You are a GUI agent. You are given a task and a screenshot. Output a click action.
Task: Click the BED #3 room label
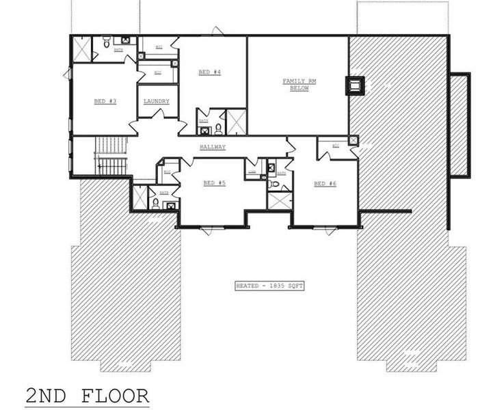point(105,101)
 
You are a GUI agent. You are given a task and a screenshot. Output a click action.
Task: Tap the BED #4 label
point(209,72)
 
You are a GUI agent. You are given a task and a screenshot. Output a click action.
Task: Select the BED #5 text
point(214,182)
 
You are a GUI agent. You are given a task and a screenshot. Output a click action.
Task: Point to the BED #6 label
point(325,183)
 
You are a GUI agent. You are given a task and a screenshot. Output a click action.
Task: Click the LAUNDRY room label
point(157,101)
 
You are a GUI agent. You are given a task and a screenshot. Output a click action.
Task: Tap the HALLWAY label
point(213,147)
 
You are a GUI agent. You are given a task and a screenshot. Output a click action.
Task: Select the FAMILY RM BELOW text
point(295,84)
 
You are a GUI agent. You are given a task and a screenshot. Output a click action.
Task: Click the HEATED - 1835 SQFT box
point(268,286)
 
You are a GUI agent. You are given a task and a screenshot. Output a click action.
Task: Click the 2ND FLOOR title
point(87,396)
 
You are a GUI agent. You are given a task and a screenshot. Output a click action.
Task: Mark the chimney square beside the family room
point(356,86)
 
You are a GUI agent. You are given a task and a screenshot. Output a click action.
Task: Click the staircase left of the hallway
point(111,156)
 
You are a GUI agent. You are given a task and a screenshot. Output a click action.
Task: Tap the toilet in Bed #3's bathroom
point(107,43)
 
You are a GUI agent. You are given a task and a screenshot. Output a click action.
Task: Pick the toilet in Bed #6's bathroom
point(274,183)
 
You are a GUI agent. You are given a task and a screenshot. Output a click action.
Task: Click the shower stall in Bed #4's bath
point(236,122)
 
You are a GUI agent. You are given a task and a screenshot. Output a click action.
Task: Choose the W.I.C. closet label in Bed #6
point(336,146)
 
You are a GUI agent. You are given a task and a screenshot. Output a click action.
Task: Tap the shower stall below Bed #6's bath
point(280,201)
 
